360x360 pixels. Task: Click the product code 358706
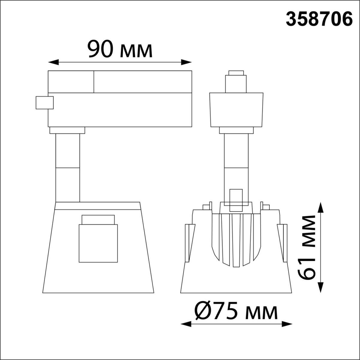[319, 19]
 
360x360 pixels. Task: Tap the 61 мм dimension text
[307, 247]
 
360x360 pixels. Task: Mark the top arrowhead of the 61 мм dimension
[321, 207]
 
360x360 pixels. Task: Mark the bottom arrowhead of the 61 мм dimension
[321, 288]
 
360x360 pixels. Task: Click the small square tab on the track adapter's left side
[44, 103]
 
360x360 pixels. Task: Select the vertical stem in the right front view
[236, 162]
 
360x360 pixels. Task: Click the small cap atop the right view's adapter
[236, 73]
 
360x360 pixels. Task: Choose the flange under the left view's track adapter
[67, 130]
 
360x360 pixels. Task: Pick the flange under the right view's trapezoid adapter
[236, 130]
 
